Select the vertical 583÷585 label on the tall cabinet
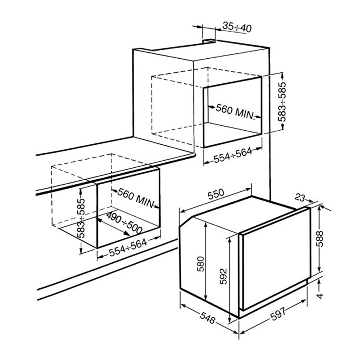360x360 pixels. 282,102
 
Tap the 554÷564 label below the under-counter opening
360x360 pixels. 128,248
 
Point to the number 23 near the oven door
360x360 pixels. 300,197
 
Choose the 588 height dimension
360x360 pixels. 319,239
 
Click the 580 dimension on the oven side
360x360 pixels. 201,264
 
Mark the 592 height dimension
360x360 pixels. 223,276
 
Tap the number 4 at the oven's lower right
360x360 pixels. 320,296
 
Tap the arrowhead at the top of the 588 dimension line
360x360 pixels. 319,208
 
